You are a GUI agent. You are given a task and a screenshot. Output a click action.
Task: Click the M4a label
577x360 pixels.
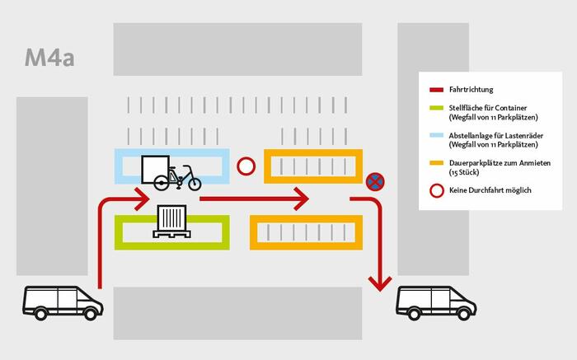pos(49,58)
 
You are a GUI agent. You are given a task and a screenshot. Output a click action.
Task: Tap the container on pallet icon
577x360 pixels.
pos(173,222)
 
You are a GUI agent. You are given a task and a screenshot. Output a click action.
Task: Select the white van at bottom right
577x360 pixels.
pos(436,302)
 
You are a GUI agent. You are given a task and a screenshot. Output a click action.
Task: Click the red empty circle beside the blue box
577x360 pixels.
pos(246,166)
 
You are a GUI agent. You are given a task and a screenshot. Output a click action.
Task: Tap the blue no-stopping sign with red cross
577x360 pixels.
pos(375,182)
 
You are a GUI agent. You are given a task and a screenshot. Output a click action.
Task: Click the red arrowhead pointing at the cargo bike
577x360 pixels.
pos(141,199)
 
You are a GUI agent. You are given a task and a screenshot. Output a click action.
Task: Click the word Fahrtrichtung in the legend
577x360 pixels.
pos(471,89)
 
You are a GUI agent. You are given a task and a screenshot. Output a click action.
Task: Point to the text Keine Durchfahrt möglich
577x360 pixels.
pos(491,190)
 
